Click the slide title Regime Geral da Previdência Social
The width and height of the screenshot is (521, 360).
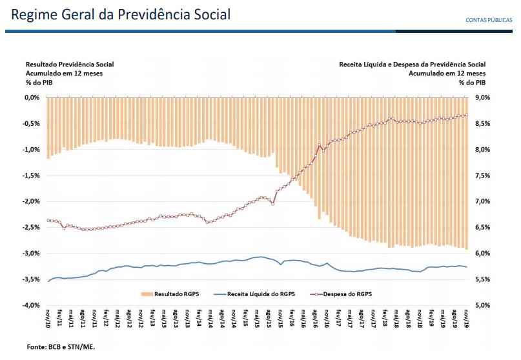[121, 14]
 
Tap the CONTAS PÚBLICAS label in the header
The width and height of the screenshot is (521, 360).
[489, 20]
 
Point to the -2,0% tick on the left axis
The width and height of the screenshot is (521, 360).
[32, 201]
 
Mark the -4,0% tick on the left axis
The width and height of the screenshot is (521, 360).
[32, 305]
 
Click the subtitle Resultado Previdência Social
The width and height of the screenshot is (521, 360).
[70, 65]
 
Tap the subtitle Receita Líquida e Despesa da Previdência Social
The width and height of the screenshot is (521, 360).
[412, 65]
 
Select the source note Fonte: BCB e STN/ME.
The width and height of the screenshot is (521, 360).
[61, 347]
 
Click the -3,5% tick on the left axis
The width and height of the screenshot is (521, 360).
[32, 279]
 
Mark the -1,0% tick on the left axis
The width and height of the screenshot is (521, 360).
[32, 150]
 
